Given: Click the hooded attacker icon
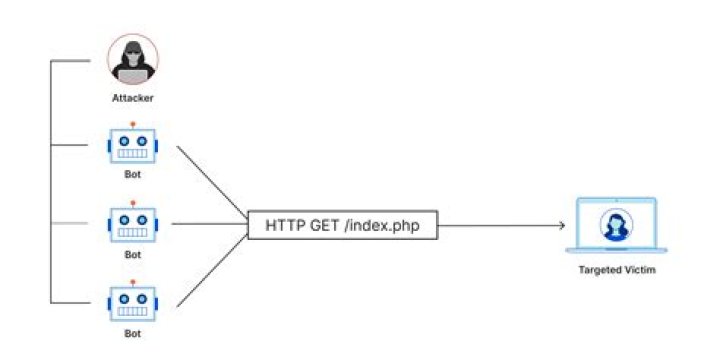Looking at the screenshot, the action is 133,59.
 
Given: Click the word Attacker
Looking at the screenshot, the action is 133,98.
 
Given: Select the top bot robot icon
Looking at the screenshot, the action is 133,143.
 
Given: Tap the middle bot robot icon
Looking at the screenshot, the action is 133,222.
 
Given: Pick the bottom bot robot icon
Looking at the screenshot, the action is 133,301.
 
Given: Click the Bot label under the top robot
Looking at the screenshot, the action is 133,175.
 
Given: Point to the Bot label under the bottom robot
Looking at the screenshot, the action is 133,333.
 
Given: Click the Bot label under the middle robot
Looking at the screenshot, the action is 133,254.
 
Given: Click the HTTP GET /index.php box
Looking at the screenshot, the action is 343,225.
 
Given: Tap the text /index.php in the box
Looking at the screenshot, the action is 382,226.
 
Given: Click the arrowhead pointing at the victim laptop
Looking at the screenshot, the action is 561,225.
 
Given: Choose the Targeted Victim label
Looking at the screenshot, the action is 617,270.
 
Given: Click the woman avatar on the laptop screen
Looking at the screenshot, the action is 616,225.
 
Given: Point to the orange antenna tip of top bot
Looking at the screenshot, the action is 133,124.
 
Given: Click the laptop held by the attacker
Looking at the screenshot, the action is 133,76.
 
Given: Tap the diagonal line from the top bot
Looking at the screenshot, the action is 212,182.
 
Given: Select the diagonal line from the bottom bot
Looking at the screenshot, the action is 212,270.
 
